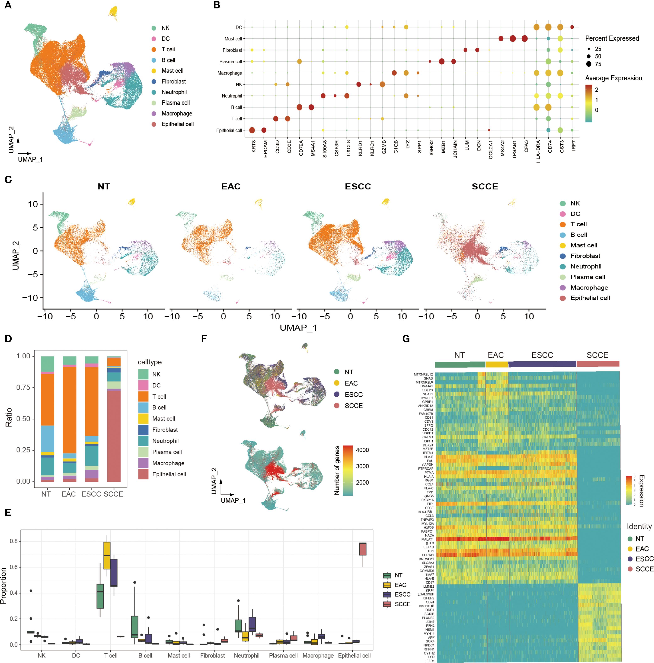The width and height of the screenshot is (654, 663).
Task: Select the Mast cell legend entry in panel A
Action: [x=172, y=71]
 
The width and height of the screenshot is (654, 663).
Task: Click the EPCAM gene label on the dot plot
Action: [x=265, y=149]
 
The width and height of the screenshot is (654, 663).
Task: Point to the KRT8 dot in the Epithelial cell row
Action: [x=252, y=130]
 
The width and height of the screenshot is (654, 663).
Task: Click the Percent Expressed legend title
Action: [x=612, y=38]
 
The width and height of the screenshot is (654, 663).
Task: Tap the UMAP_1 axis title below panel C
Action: [x=298, y=328]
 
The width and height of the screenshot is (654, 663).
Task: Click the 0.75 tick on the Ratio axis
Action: [x=23, y=387]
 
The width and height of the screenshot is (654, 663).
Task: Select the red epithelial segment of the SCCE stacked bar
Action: [x=114, y=436]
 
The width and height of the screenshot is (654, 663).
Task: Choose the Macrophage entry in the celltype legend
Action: [x=168, y=463]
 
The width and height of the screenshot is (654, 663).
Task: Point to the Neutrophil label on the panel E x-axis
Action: [x=246, y=656]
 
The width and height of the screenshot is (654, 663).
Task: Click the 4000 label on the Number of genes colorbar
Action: [x=362, y=450]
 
